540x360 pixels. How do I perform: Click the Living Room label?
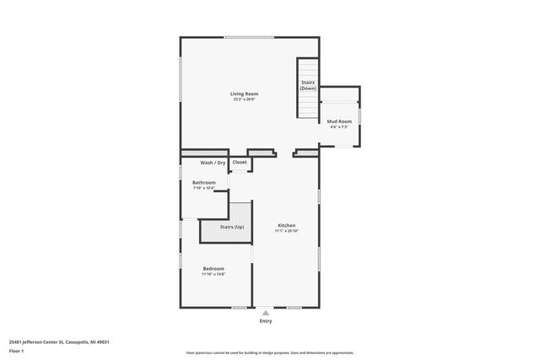[x=244, y=94]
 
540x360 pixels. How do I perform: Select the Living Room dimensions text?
[x=244, y=99]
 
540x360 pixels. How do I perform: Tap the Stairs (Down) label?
[x=308, y=85]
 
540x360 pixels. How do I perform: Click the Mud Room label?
[x=338, y=122]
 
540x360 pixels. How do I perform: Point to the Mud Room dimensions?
[x=338, y=128]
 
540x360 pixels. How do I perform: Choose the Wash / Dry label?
[x=213, y=162]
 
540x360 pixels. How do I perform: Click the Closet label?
[x=240, y=162]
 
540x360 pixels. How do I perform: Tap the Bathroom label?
[x=203, y=182]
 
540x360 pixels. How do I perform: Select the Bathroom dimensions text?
[x=203, y=188]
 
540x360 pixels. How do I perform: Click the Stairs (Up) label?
[x=232, y=227]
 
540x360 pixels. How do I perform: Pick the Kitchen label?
[x=287, y=225]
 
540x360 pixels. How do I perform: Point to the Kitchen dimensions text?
[x=287, y=231]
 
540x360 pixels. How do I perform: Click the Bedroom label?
[x=213, y=268]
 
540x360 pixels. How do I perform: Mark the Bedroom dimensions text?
[x=213, y=274]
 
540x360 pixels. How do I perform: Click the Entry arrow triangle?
[x=266, y=312]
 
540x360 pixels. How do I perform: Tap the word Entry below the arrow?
[x=266, y=320]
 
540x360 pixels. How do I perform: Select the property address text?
[x=59, y=341]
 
